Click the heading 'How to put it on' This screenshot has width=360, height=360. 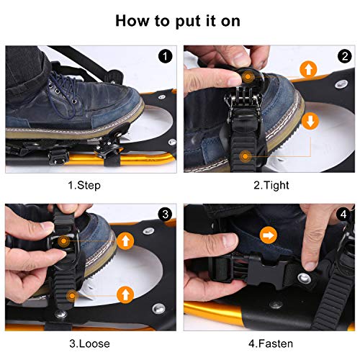click(178, 21)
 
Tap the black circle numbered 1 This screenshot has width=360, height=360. click(165, 56)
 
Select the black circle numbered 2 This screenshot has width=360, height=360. click(344, 56)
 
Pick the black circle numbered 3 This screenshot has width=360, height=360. click(166, 214)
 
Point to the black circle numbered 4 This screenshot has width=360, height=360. click(344, 214)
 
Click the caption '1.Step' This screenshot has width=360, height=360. click(84, 185)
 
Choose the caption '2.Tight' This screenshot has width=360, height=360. click(271, 185)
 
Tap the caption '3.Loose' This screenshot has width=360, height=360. click(89, 343)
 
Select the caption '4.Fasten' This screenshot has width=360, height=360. click(271, 343)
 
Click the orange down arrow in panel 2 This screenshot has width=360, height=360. click(310, 121)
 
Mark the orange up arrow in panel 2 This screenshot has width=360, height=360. click(308, 69)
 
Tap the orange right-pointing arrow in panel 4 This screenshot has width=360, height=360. click(269, 235)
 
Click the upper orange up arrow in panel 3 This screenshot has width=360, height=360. click(125, 240)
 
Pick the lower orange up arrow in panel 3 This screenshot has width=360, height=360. click(125, 294)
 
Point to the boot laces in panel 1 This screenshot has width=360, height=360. click(63, 92)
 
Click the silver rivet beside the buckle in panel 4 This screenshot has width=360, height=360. click(305, 279)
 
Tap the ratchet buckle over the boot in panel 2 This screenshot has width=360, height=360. click(243, 106)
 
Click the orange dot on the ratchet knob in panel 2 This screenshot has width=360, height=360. click(248, 77)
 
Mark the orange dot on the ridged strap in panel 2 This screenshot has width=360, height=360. click(245, 156)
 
